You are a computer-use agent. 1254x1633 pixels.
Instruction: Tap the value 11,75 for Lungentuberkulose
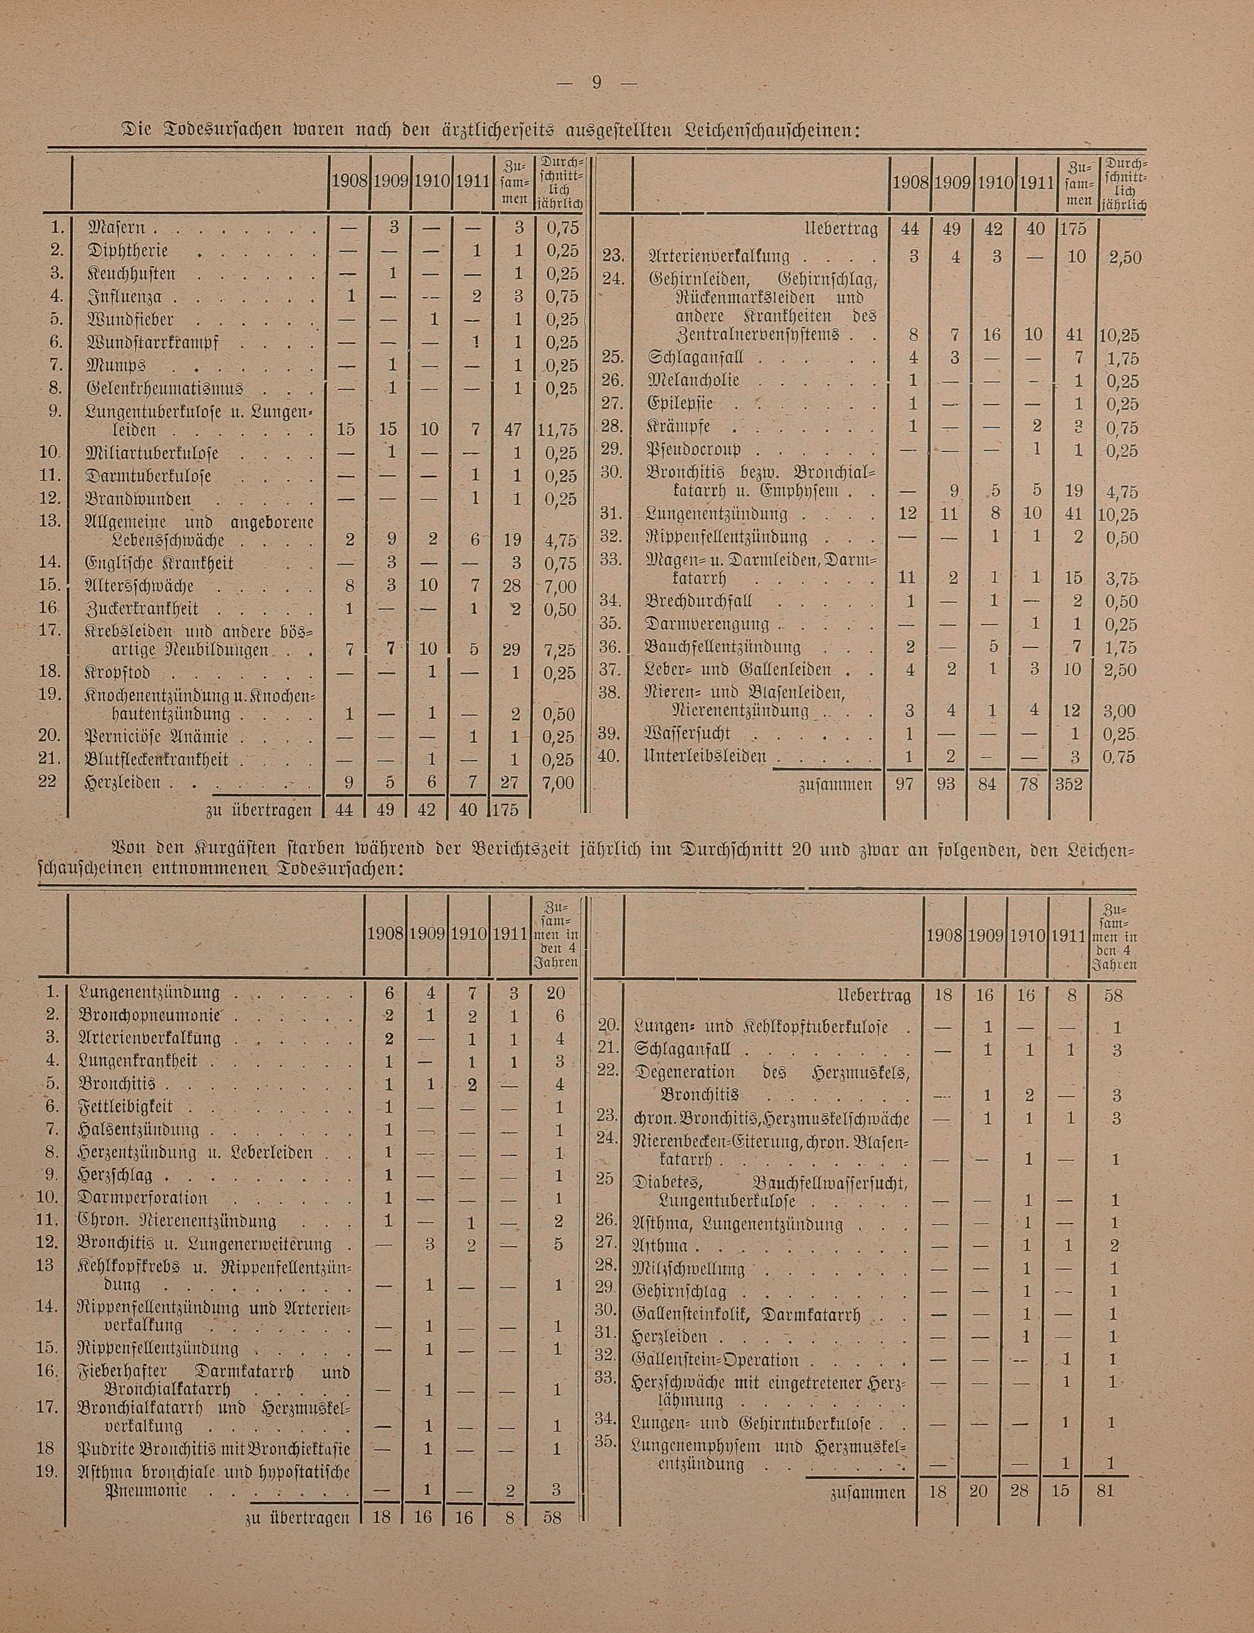(x=557, y=431)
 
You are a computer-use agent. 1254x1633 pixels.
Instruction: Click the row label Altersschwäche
(x=141, y=585)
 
